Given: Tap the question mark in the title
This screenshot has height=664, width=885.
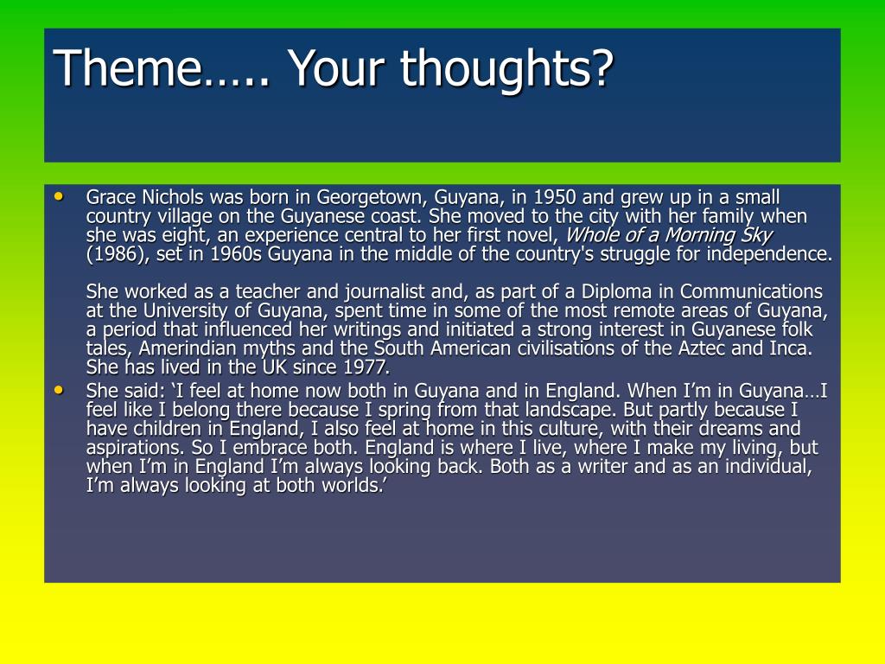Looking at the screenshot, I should (600, 67).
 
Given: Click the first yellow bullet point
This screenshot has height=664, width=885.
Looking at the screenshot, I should (59, 196).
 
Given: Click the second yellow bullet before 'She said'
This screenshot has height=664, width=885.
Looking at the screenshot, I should (59, 390).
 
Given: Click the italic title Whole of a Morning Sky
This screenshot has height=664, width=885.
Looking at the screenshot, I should (668, 235).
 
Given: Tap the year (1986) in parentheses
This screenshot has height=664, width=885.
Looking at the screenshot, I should (118, 254).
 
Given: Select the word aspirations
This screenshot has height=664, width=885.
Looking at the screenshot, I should (131, 448).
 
